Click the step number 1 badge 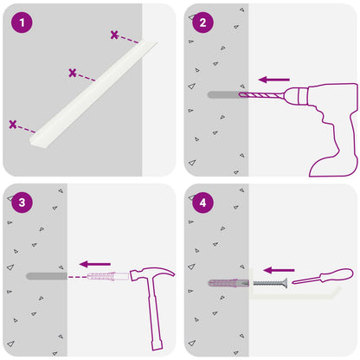coord(22,22)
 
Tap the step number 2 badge coord(202,22)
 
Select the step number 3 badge coord(22,202)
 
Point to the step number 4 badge coord(202,202)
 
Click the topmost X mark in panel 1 coord(114,35)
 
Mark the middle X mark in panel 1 coord(73,73)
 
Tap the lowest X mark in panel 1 coord(13,125)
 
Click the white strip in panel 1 coord(93,94)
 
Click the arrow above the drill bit coord(274,80)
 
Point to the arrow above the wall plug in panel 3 coord(95,264)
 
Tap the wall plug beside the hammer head coord(108,276)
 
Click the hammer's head coord(151,274)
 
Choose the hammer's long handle coord(155,314)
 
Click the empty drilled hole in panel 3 coord(47,276)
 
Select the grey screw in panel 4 coord(270,283)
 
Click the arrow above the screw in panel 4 coord(279,270)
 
